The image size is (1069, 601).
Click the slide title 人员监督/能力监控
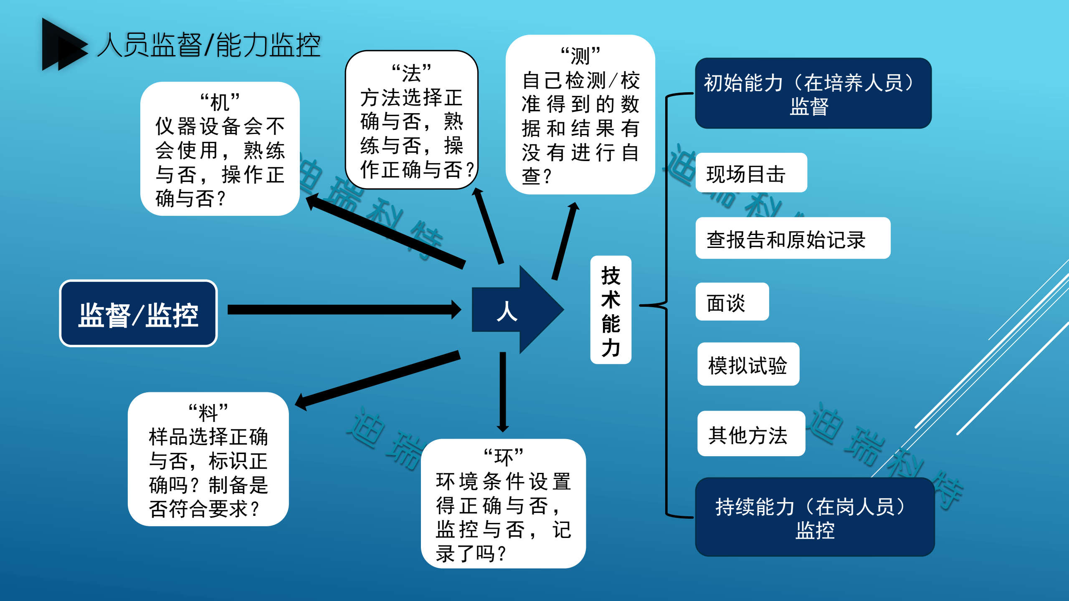pyautogui.click(x=209, y=45)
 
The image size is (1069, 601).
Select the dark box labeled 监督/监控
pyautogui.click(x=138, y=313)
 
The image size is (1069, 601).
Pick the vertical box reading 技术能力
pyautogui.click(x=610, y=310)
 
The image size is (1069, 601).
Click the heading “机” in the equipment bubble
pyautogui.click(x=220, y=102)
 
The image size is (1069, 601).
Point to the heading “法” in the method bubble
pyautogui.click(x=411, y=73)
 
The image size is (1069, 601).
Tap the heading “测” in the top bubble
pyautogui.click(x=580, y=56)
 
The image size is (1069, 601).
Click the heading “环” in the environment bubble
pyautogui.click(x=503, y=457)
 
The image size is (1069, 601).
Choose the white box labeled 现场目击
pyautogui.click(x=751, y=173)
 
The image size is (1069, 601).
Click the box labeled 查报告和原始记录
pyautogui.click(x=793, y=239)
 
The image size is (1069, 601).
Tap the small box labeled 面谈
pyautogui.click(x=732, y=302)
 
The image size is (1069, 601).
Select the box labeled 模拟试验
pyautogui.click(x=748, y=365)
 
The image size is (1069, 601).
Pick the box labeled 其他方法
pyautogui.click(x=751, y=434)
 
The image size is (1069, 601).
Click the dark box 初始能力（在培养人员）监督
pyautogui.click(x=813, y=93)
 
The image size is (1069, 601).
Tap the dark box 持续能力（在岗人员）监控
pyautogui.click(x=814, y=518)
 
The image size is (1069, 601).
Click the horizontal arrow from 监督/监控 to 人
pyautogui.click(x=342, y=310)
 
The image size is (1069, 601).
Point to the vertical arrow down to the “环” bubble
pyautogui.click(x=503, y=390)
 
